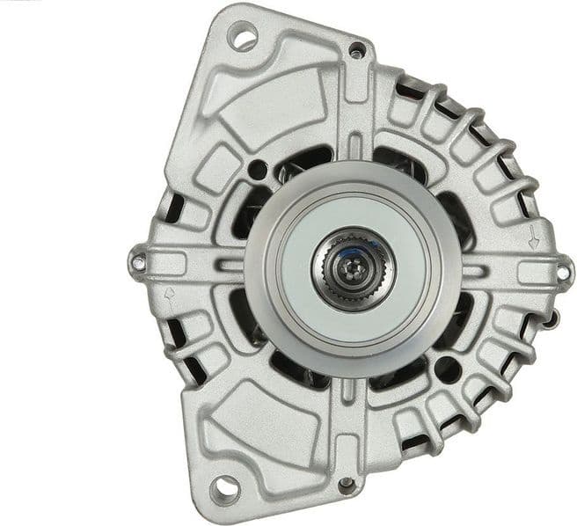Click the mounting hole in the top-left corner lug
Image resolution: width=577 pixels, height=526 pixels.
tap(242, 37)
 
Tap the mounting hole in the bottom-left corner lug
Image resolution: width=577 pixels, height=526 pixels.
tap(224, 486)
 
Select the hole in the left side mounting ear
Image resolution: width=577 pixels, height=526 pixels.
tap(138, 261)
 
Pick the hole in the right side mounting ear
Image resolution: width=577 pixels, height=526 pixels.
tap(562, 274)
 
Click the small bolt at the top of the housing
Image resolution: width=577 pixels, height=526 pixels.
tap(355, 50)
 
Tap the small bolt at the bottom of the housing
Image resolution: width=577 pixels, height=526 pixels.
tap(347, 483)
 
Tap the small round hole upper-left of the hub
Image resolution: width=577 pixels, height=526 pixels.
tap(257, 169)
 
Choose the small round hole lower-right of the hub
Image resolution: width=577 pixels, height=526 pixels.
tap(446, 369)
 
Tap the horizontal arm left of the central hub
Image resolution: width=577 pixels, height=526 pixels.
tap(202, 263)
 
